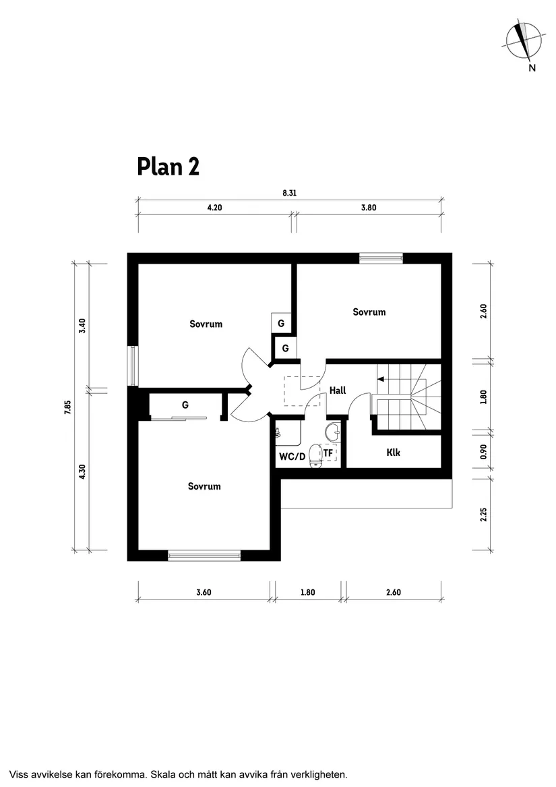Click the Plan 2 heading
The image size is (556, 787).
coord(168,166)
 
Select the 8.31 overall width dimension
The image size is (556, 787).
coord(290,192)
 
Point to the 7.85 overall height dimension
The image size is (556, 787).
coord(68,409)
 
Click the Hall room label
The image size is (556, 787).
coord(338,390)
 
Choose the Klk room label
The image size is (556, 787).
coord(393,453)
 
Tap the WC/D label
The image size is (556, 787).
coord(292,457)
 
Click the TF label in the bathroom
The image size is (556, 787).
coord(328,453)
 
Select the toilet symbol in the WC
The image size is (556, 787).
coord(315,455)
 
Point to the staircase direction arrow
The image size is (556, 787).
coord(381,379)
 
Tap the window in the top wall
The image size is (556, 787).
coord(381,258)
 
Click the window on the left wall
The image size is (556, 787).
coord(133,366)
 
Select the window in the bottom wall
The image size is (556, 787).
coord(204,556)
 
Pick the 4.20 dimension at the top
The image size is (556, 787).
coord(214,208)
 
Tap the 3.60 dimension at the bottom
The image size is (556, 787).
coord(204,593)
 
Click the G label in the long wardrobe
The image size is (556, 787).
coord(185,405)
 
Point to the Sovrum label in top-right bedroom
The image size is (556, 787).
coord(369,312)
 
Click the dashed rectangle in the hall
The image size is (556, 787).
coord(295,390)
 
